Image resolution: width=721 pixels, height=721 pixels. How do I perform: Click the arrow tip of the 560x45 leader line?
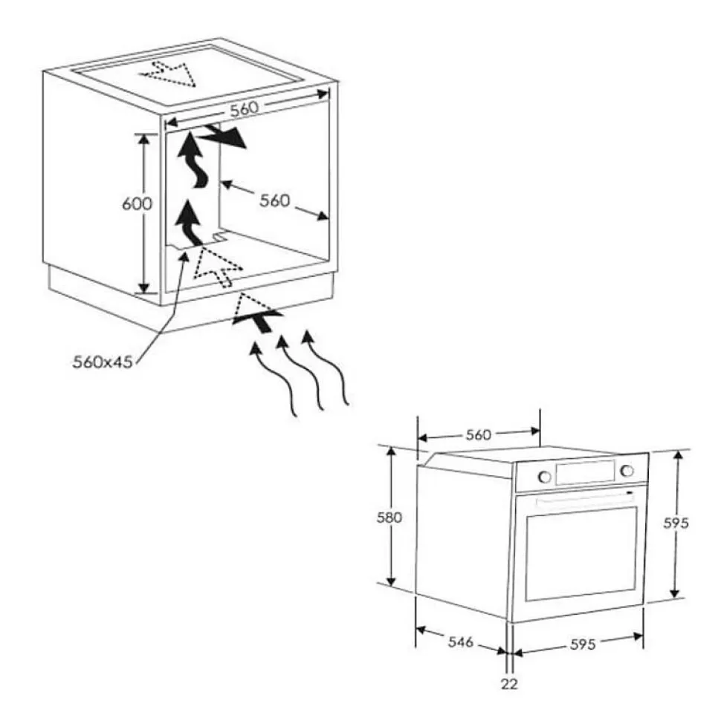186,251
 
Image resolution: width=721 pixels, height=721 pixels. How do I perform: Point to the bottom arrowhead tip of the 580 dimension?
392,587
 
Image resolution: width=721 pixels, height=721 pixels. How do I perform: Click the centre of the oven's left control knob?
544,477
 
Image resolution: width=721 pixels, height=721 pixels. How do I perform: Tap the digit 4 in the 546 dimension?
460,642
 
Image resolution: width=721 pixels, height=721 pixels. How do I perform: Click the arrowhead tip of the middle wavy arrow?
281,337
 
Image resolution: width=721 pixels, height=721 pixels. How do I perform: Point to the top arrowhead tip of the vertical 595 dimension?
679,451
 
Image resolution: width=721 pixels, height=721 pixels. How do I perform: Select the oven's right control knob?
627,471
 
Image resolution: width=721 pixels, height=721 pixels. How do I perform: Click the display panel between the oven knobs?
585,473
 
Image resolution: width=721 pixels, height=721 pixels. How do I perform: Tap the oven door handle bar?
585,499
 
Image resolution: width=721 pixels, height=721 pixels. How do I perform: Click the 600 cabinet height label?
137,203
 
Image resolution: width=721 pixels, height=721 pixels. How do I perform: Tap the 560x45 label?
103,362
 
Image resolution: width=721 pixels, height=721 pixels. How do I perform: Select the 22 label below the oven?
509,684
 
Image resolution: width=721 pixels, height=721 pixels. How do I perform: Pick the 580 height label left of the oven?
389,518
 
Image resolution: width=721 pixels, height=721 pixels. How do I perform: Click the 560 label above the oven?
479,434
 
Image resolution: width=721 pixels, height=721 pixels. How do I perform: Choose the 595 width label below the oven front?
583,645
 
